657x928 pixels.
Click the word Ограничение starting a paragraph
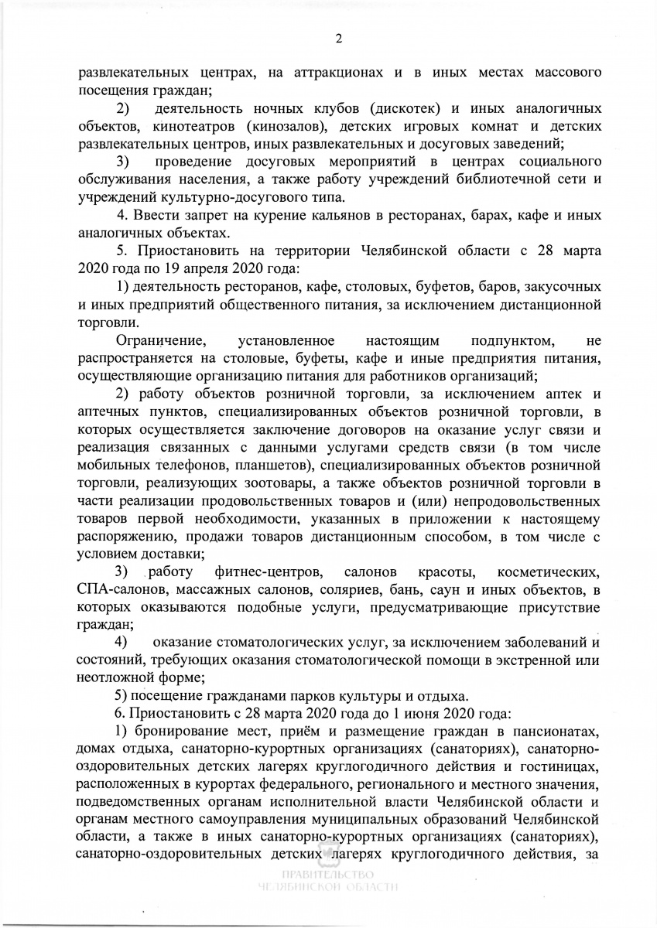160,341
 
